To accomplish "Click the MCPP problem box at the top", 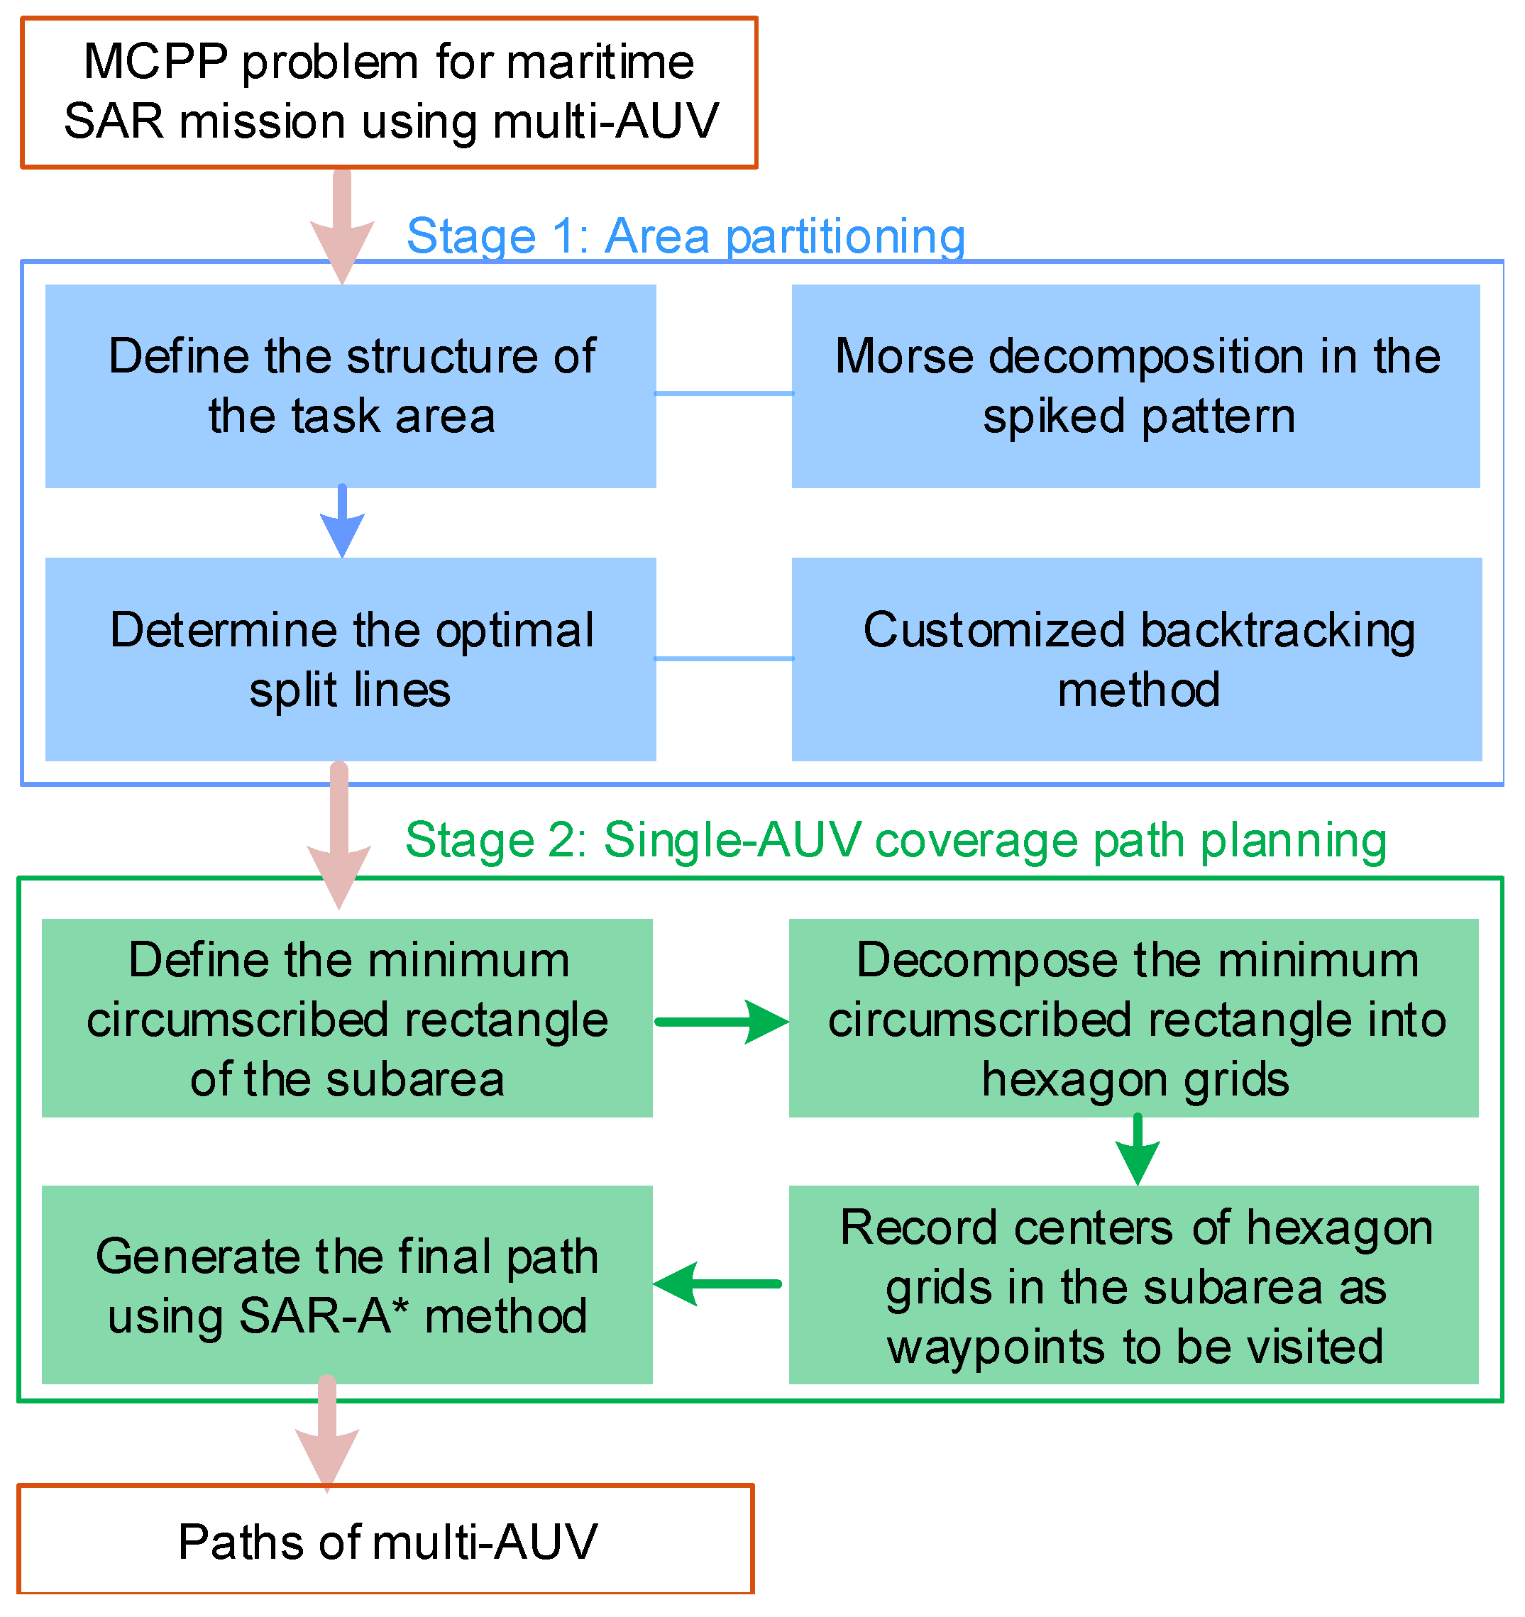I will coord(389,93).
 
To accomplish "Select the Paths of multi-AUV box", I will coord(385,1540).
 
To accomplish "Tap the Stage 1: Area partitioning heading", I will coord(686,237).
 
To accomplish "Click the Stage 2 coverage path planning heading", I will coord(896,840).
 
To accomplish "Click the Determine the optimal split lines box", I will coord(351,660).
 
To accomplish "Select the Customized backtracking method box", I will coord(1136,660).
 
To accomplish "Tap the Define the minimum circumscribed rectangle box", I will coord(347,1018).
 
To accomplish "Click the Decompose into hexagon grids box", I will coord(1133,1018).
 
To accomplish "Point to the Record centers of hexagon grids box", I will coord(1133,1285).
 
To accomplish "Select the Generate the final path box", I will coord(347,1285).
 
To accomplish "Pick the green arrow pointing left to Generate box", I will coord(717,1284).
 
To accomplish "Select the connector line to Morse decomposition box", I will coord(724,394).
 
